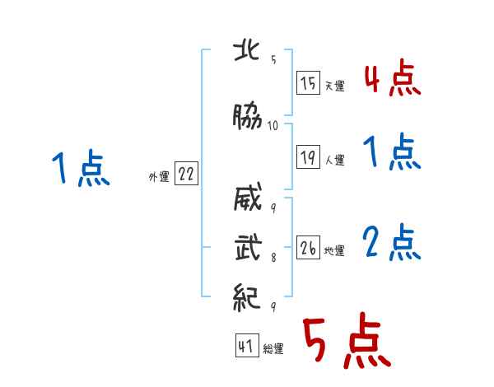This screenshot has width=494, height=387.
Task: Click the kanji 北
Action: (x=246, y=51)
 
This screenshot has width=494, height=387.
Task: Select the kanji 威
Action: (x=248, y=197)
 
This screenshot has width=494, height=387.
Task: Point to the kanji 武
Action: (x=248, y=247)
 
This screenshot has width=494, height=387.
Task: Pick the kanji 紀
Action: (x=247, y=297)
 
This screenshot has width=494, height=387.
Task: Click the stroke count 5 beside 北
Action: (x=273, y=59)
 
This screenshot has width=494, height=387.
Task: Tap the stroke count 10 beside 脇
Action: (x=273, y=126)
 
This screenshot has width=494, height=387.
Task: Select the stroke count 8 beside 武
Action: (x=273, y=258)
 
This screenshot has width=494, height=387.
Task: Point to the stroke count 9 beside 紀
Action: (x=273, y=306)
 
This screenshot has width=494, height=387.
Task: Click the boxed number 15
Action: (x=308, y=83)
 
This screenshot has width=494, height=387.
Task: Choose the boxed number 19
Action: (x=308, y=156)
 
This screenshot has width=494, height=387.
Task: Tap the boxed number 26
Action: (x=308, y=247)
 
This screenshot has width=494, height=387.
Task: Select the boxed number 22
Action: (x=186, y=174)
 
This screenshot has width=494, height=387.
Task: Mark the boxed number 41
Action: (x=247, y=345)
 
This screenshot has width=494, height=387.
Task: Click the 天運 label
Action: (x=334, y=86)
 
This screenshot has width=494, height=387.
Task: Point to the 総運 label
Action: (x=273, y=349)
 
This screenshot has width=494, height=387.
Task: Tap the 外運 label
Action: (x=159, y=177)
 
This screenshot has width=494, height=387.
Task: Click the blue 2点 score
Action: (x=392, y=242)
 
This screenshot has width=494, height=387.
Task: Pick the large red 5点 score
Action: (x=347, y=340)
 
